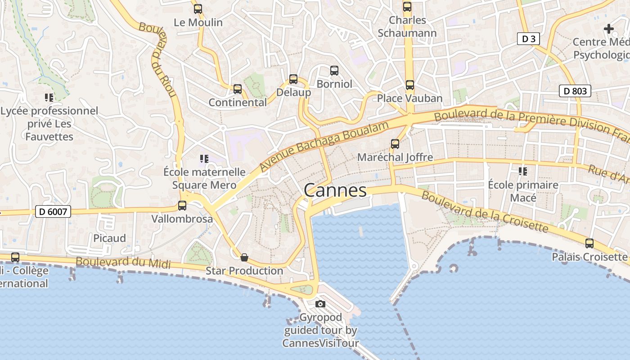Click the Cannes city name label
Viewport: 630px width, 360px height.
pos(335,190)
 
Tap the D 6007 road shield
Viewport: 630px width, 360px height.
pos(53,211)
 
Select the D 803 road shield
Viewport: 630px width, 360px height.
pos(575,91)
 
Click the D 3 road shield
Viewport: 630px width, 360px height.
pos(528,39)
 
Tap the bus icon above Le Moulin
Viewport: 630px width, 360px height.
pos(198,9)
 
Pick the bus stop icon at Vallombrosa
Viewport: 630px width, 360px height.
pos(182,206)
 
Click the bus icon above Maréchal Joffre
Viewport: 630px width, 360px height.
pos(395,144)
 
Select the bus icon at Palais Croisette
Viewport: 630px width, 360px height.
pos(589,243)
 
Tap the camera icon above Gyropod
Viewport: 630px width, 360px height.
pos(320,304)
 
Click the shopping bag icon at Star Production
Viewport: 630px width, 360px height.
pos(244,257)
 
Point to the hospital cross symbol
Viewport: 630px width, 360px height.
pos(609,29)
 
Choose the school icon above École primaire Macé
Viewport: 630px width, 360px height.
pos(523,171)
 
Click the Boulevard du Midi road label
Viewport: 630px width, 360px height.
pos(123,263)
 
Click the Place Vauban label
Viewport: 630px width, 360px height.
pos(409,98)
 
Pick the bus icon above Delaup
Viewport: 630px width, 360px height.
pos(293,79)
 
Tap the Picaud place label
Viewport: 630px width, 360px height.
pos(109,238)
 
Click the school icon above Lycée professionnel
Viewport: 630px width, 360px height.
pos(49,97)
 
